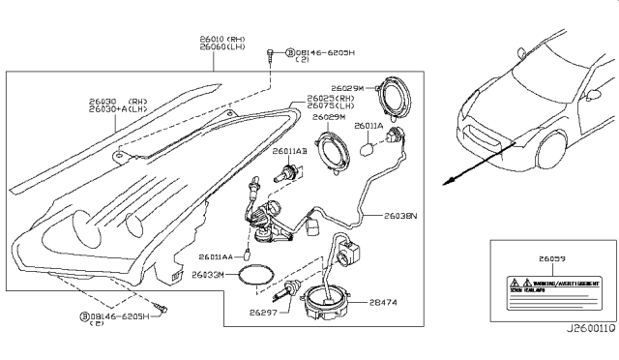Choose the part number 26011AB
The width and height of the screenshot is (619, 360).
(289, 152)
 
